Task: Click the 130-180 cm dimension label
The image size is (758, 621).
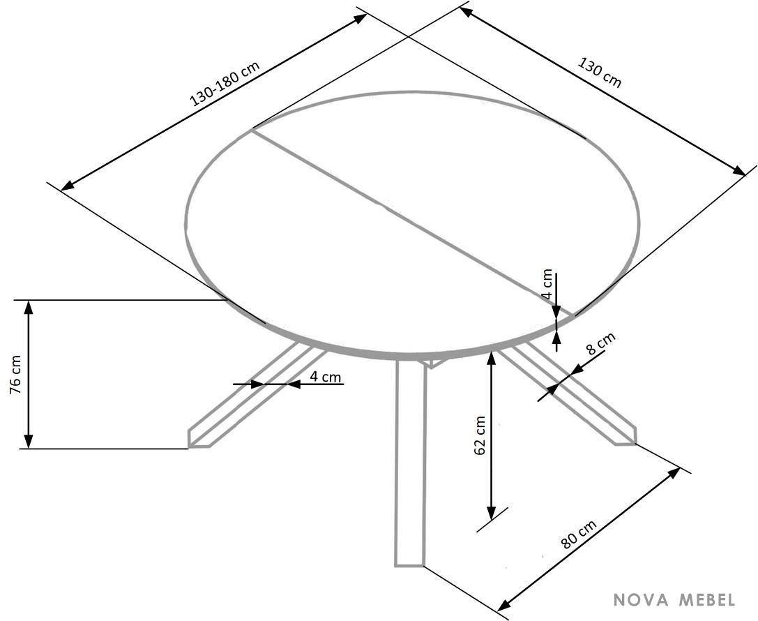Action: pyautogui.click(x=225, y=83)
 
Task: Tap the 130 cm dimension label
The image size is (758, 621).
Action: pyautogui.click(x=600, y=73)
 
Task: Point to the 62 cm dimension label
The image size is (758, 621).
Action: pyautogui.click(x=480, y=435)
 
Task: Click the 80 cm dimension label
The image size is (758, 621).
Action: pyautogui.click(x=579, y=534)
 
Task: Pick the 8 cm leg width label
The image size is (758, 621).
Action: pyautogui.click(x=600, y=343)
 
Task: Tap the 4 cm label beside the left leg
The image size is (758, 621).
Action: pyautogui.click(x=326, y=376)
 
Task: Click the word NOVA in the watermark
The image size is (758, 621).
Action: pyautogui.click(x=641, y=600)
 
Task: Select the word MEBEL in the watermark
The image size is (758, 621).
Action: pyautogui.click(x=708, y=600)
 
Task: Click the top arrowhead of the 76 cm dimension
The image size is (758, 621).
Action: pyautogui.click(x=29, y=306)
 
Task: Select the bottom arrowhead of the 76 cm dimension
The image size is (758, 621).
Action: pyautogui.click(x=29, y=442)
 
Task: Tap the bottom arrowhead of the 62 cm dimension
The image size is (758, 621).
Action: pyautogui.click(x=491, y=514)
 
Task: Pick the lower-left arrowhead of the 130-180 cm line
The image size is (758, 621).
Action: pyautogui.click(x=68, y=185)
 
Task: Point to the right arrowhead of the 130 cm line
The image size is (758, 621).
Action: pyautogui.click(x=740, y=171)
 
